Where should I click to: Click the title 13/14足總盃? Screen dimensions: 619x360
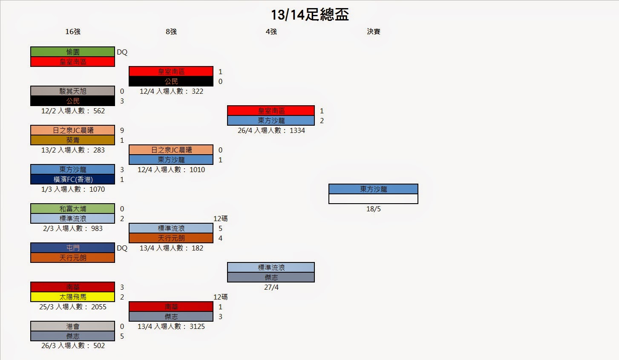point(310,15)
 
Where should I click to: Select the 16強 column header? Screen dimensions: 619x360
point(73,32)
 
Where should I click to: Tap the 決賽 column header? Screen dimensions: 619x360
point(373,32)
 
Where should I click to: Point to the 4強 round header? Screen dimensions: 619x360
point(271,32)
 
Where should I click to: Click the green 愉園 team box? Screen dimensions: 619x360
point(73,52)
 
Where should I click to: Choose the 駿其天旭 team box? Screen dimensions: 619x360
point(73,91)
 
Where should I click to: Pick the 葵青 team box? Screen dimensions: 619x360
point(73,140)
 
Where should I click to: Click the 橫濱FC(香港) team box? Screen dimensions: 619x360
point(73,179)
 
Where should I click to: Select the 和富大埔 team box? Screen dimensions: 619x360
point(73,209)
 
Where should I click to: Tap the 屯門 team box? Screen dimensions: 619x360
point(73,248)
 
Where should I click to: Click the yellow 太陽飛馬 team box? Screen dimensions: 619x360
point(73,297)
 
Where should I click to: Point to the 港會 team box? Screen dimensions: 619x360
point(73,326)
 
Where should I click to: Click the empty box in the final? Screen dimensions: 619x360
point(373,199)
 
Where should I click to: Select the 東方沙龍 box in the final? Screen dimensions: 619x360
point(373,189)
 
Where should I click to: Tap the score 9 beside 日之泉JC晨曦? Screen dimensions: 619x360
point(122,130)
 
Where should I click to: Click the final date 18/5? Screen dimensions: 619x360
point(373,209)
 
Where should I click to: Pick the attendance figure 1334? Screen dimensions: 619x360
point(297,130)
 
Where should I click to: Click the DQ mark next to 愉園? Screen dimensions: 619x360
point(122,52)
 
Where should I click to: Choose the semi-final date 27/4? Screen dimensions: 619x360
point(271,287)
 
